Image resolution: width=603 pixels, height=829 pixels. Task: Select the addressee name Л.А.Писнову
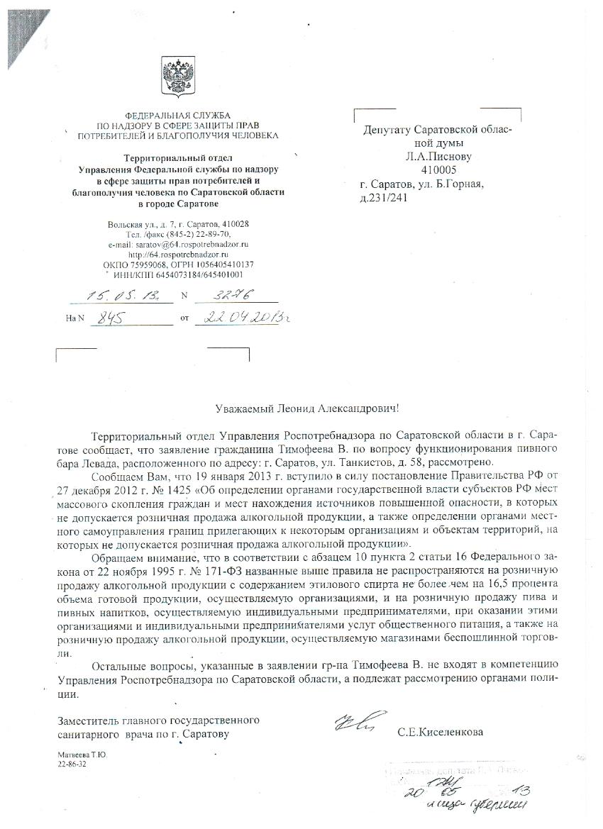click(438, 157)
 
